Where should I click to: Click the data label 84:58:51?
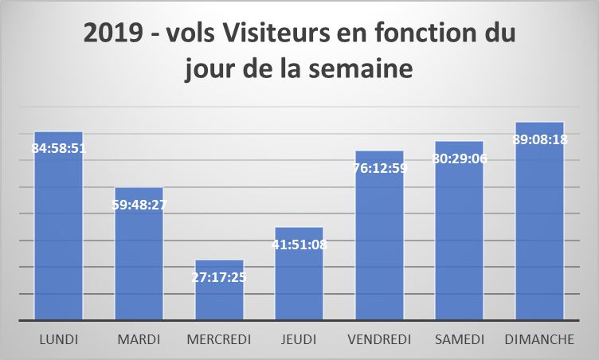(x=58, y=148)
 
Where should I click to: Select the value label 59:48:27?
(x=139, y=204)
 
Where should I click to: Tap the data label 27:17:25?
(x=219, y=276)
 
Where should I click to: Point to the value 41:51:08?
(x=299, y=244)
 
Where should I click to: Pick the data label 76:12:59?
(x=379, y=167)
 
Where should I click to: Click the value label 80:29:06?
(x=460, y=158)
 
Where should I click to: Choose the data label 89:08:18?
(x=539, y=139)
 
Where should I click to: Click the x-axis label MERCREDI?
(x=219, y=340)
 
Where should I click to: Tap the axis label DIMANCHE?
(x=539, y=340)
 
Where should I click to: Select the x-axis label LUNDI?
(x=58, y=340)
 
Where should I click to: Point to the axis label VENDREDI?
(x=379, y=340)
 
